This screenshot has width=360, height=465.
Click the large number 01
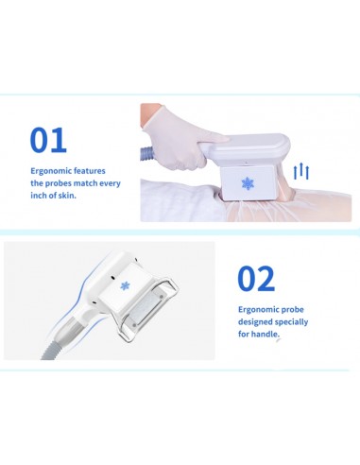(48, 140)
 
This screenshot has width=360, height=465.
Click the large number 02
(256, 279)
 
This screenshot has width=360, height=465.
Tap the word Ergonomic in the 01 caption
(51, 171)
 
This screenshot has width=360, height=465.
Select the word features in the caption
(90, 171)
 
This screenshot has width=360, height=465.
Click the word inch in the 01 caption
(38, 196)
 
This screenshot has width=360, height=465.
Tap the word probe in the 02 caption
(292, 310)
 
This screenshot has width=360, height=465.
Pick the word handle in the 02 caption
(266, 334)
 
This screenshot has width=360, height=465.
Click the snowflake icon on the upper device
(248, 183)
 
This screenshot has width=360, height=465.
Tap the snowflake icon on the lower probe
(125, 286)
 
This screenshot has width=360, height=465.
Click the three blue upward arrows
(301, 171)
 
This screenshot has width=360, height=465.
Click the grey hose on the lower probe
(57, 343)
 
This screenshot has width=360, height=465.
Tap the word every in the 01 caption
(110, 183)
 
